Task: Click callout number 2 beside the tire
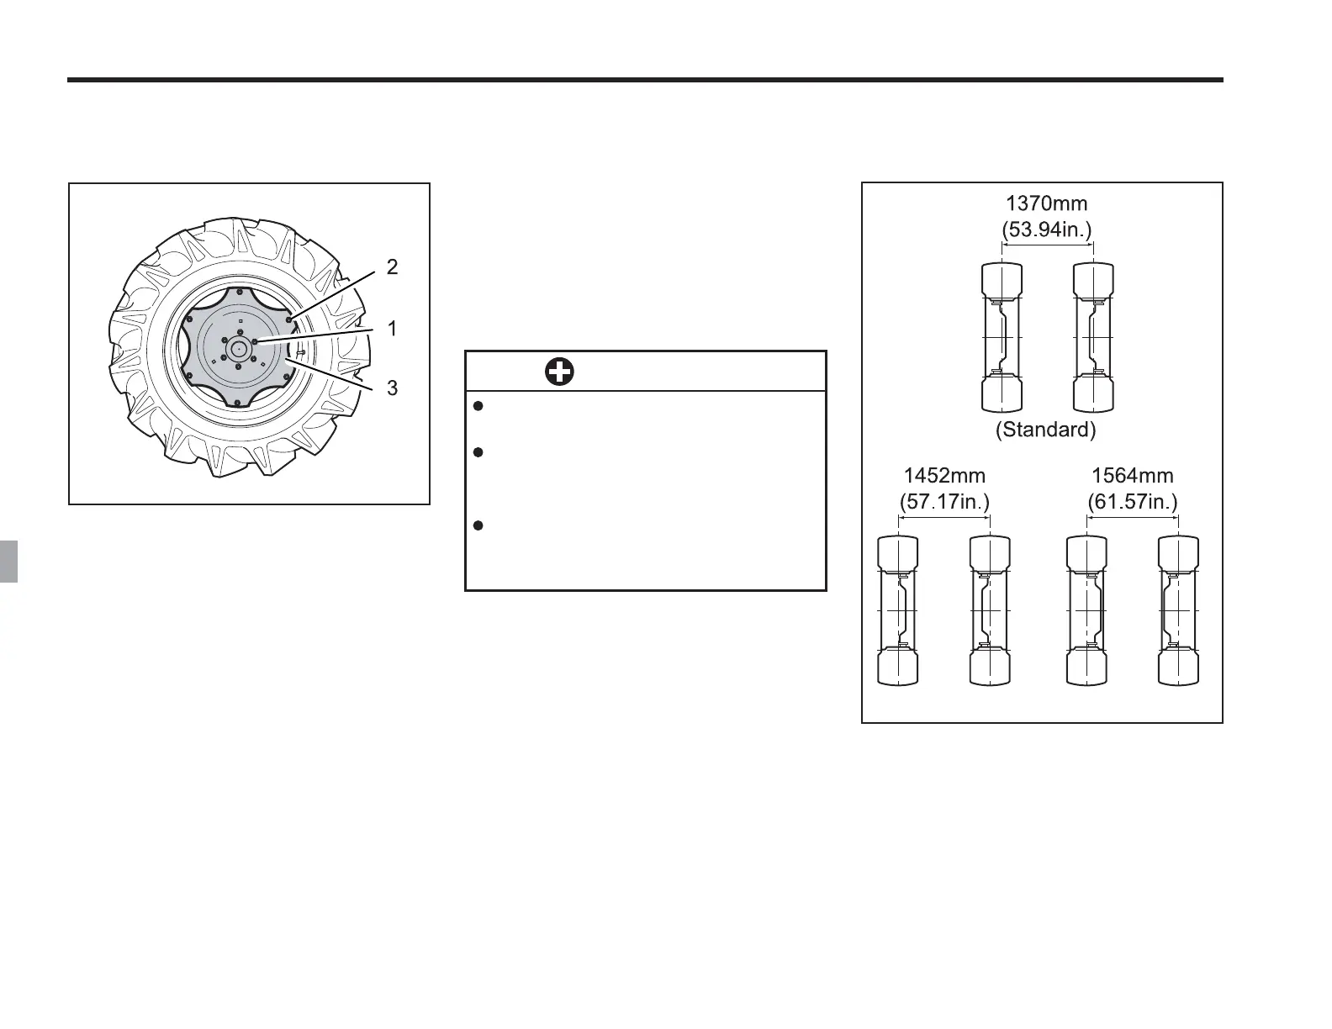(392, 266)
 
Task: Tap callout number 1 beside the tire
(393, 329)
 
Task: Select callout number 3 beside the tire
(393, 388)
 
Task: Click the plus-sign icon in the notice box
(559, 372)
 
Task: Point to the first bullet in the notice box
(478, 406)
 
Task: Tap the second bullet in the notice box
(478, 452)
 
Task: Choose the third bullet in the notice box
(478, 525)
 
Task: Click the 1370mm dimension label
(1046, 203)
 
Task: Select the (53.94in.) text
(1047, 230)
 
